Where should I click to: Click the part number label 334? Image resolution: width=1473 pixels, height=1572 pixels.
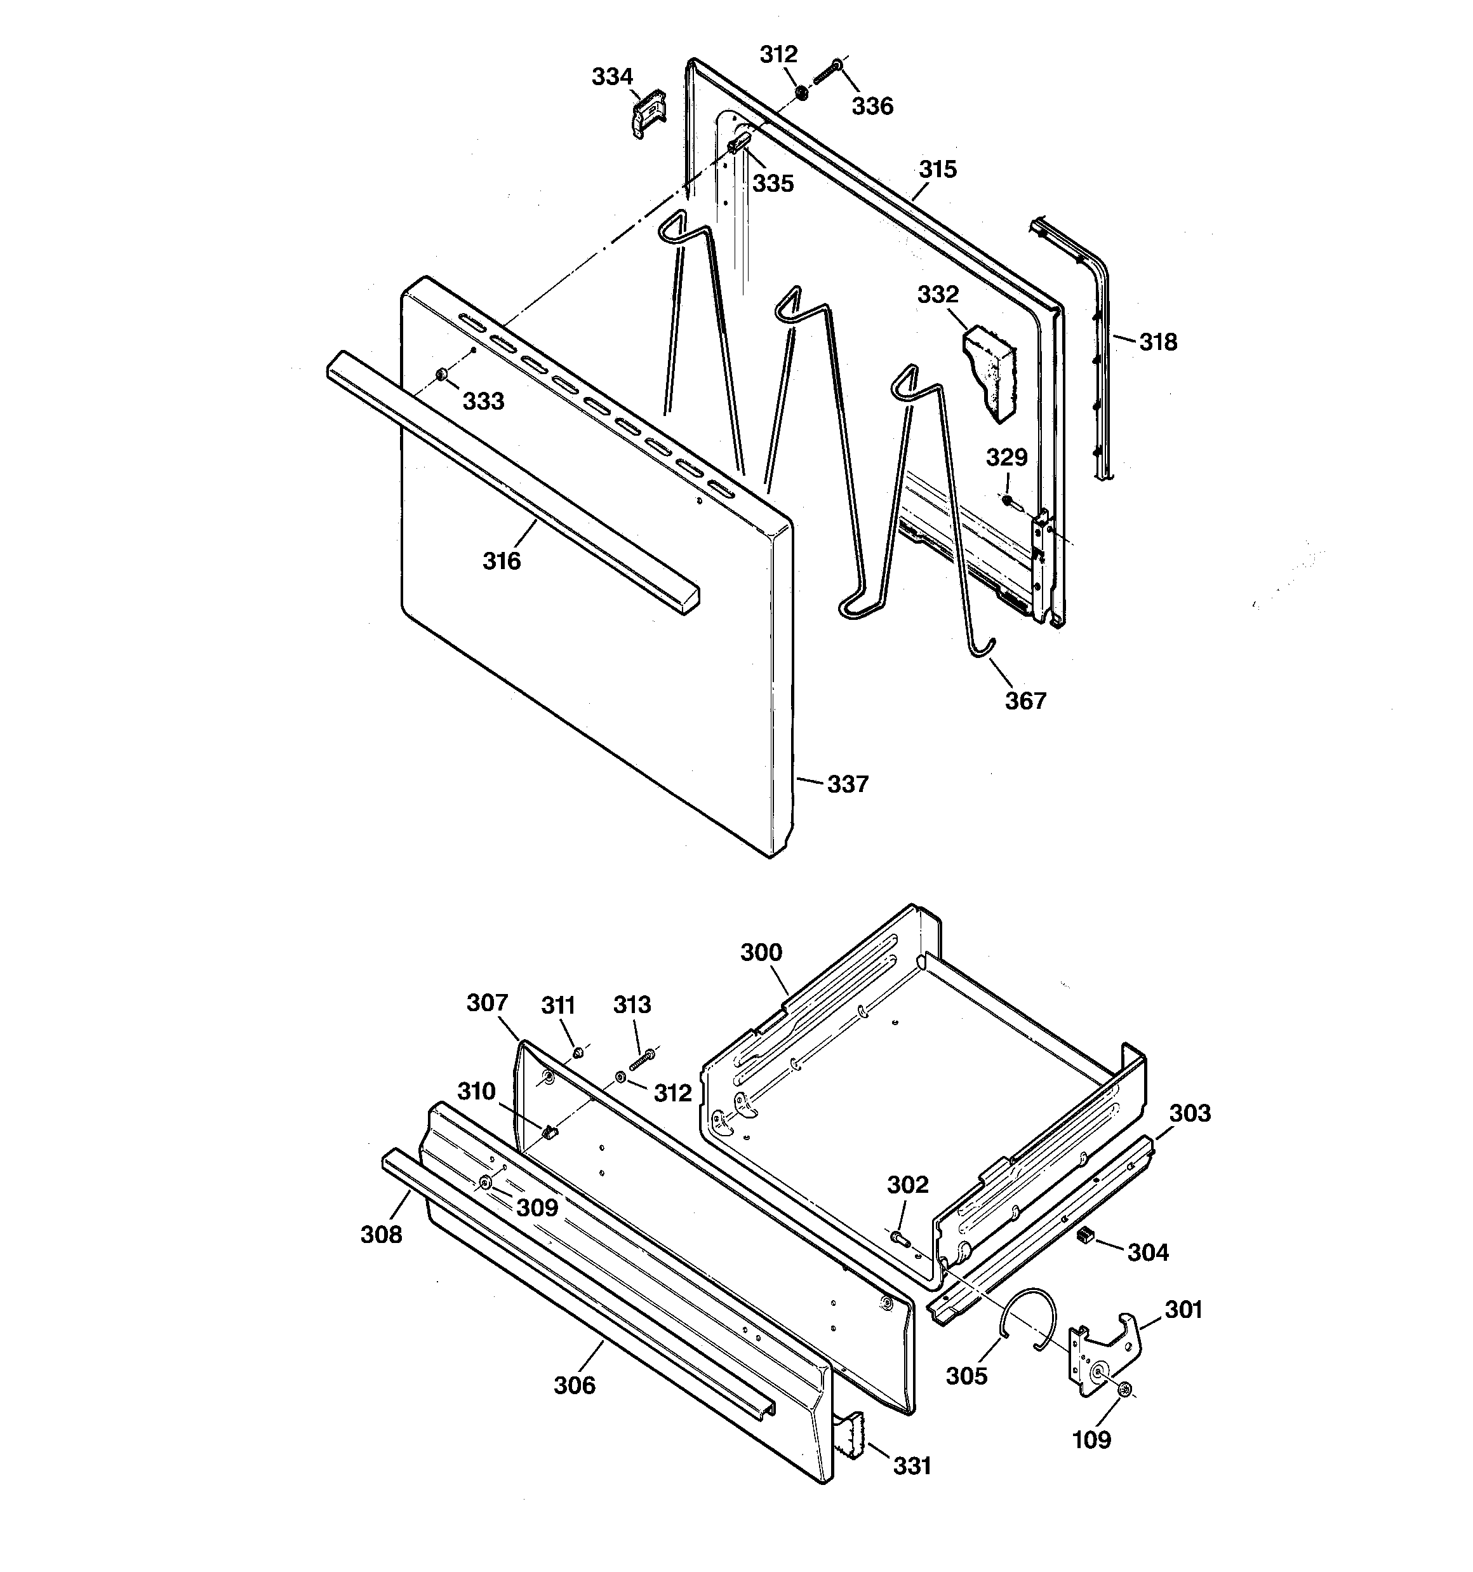pos(612,77)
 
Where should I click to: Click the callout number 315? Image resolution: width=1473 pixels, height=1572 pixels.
pos(938,169)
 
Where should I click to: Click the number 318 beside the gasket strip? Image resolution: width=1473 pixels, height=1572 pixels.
pos(1157,342)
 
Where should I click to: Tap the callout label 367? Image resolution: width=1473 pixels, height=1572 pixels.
pos(1025,701)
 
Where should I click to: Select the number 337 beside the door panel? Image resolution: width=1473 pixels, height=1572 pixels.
pos(848,784)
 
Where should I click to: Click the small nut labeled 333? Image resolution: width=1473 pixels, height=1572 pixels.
pos(441,375)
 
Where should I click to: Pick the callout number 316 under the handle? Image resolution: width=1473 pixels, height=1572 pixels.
pos(502,561)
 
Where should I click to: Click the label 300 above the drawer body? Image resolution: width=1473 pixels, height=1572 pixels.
pos(761,952)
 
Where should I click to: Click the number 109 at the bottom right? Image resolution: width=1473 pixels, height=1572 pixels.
pos(1091,1440)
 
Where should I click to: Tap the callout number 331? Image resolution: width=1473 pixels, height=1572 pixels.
pos(912,1466)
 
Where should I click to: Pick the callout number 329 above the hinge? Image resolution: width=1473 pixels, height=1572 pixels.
pos(1006,457)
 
